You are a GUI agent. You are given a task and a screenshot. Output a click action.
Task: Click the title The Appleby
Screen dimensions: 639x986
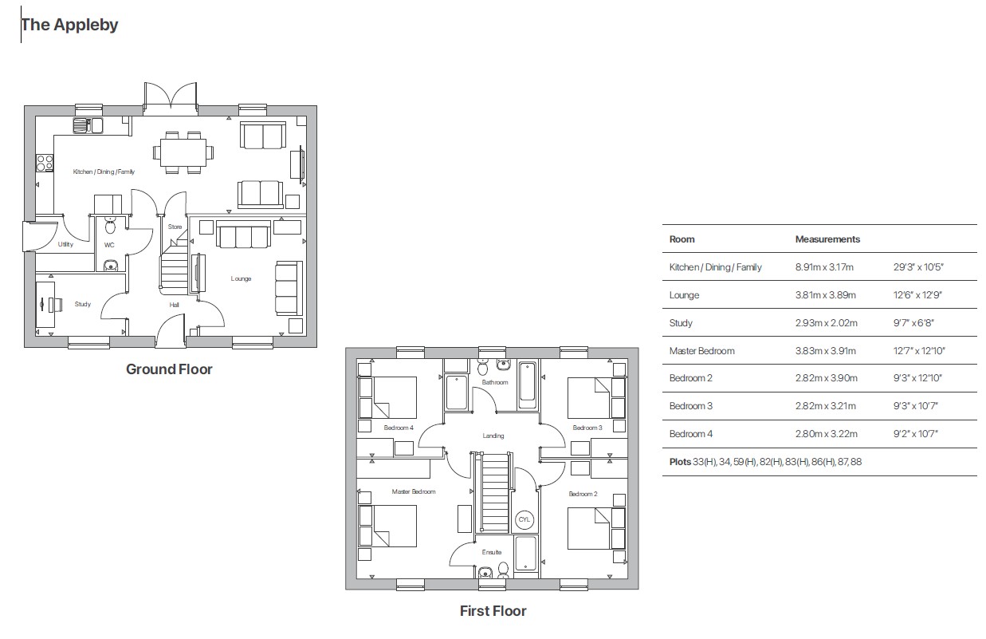click(69, 25)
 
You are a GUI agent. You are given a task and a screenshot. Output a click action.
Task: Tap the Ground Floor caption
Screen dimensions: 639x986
click(169, 369)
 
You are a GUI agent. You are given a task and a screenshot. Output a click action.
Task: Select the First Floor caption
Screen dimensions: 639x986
click(493, 611)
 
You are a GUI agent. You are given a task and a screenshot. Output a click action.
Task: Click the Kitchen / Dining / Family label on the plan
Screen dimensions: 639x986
click(104, 172)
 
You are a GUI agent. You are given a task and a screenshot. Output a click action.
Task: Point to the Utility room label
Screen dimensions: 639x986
click(65, 244)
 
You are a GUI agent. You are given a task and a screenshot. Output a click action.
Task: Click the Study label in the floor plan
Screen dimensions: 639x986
click(83, 304)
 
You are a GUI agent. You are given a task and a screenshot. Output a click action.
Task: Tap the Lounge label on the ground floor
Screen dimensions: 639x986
click(241, 278)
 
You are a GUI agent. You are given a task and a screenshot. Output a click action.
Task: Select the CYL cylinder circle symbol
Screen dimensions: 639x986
click(524, 519)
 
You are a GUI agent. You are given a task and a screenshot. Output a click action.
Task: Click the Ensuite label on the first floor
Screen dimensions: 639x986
click(492, 552)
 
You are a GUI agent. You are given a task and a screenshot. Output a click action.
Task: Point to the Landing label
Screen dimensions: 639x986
click(493, 436)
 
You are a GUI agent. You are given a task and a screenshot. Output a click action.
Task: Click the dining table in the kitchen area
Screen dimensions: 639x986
click(183, 150)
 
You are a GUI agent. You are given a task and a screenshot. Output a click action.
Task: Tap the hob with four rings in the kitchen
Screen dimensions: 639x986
click(45, 164)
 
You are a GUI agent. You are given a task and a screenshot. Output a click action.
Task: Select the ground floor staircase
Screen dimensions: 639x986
click(175, 271)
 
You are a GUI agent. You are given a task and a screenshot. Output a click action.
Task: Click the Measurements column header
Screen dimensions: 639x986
click(827, 239)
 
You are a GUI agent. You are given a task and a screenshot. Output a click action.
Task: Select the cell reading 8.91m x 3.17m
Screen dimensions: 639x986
click(824, 267)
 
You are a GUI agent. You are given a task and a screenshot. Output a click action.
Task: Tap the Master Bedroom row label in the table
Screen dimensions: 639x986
click(701, 351)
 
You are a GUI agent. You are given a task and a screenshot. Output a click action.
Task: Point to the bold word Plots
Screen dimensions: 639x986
click(680, 462)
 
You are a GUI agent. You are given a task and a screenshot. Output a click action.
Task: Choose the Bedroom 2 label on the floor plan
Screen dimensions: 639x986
click(583, 495)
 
